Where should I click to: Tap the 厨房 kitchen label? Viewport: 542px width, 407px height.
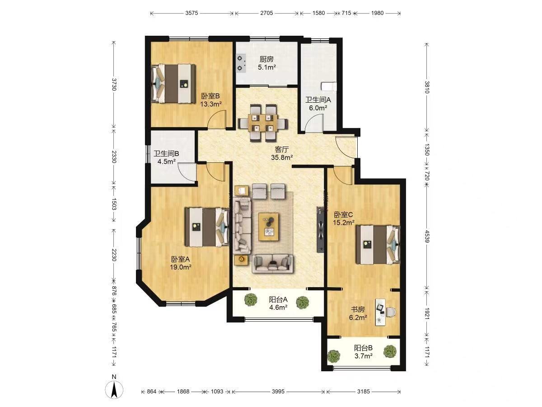click(x=266, y=59)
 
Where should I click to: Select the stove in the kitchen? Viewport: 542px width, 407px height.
click(x=241, y=63)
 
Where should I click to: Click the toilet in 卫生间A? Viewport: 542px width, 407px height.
click(x=328, y=87)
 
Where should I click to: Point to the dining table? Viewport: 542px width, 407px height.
click(x=263, y=123)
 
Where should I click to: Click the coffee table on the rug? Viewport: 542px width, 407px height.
click(x=269, y=227)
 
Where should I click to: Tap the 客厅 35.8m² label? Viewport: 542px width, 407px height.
click(x=282, y=153)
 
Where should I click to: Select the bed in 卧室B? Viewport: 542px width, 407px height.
click(x=173, y=84)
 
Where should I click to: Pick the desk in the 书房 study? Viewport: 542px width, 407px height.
click(x=380, y=312)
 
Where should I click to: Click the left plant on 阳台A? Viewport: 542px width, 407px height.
click(x=251, y=300)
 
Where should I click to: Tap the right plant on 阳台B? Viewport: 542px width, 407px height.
click(x=390, y=351)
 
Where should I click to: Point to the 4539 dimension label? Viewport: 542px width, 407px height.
click(x=427, y=237)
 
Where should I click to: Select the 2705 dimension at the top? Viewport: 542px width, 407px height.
click(x=266, y=13)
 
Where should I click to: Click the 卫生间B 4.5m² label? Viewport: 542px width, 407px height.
click(x=166, y=158)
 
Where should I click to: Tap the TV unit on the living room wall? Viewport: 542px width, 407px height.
click(x=321, y=230)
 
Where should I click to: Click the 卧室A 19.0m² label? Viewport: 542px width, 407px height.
click(x=181, y=263)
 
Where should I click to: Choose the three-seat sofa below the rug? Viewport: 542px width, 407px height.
click(x=272, y=264)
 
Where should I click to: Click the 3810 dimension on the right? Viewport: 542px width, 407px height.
click(x=427, y=87)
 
